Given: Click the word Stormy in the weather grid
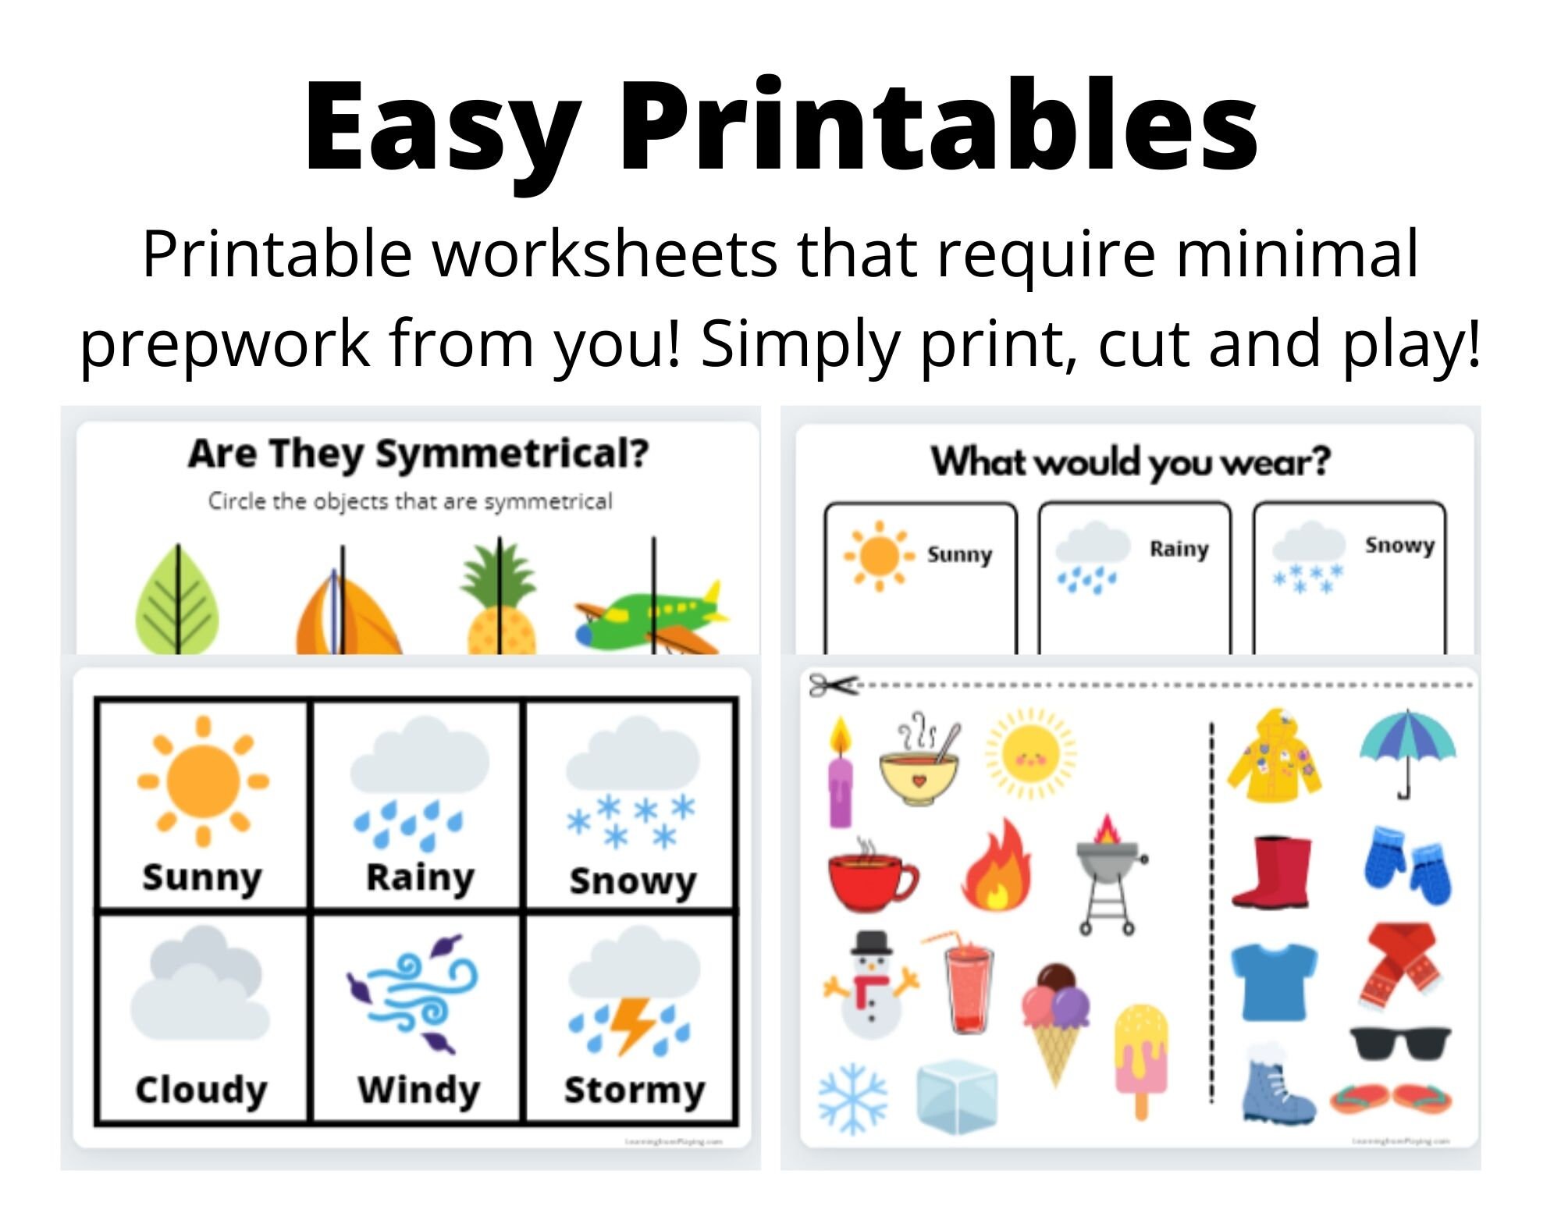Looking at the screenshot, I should coord(634,1090).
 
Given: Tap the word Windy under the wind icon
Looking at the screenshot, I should coord(418,1090).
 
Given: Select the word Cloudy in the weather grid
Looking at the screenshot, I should coord(201,1090).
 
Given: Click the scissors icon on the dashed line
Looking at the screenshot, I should coord(832,685).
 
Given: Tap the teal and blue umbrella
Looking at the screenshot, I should coord(1407,749).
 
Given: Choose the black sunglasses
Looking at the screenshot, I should coord(1400,1043).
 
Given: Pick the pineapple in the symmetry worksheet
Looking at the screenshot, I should coord(500,601).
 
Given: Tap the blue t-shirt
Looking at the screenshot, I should coord(1274,981).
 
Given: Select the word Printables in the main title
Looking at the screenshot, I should coord(938,125).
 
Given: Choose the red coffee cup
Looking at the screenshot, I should coord(871,878).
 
